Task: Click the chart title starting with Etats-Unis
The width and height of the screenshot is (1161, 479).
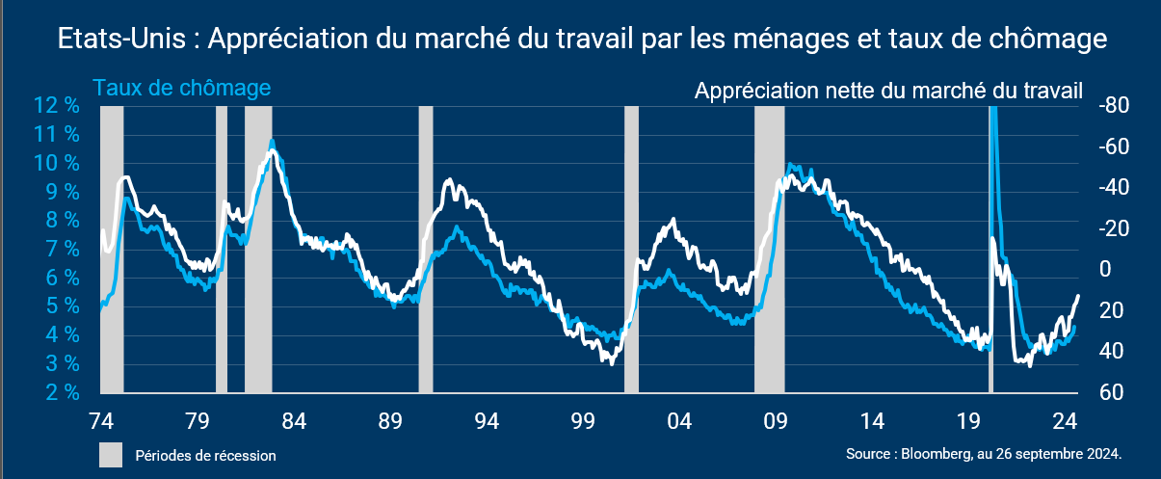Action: point(580,40)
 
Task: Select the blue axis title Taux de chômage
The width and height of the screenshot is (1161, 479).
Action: point(182,88)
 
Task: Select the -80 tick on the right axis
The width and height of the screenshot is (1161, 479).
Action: point(1113,105)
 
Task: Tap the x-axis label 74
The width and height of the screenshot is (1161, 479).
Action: point(101,421)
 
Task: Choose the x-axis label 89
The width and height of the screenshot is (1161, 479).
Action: point(390,421)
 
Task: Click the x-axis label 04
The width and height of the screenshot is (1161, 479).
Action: point(679,421)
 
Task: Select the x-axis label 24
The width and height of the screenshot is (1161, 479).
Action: point(1065,421)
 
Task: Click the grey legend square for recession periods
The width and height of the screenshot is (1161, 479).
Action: point(111,455)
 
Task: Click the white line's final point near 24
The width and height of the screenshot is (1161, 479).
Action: point(1077,296)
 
